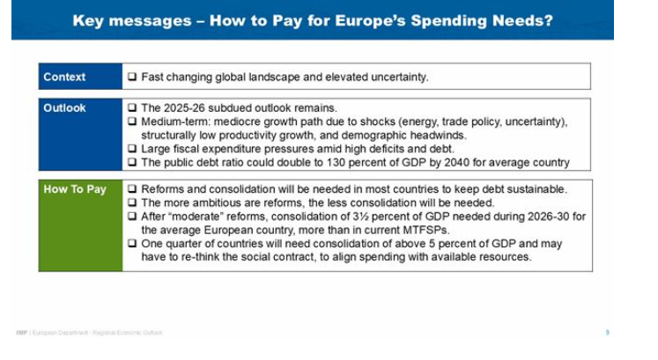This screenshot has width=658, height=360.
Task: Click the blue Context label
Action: tap(64, 77)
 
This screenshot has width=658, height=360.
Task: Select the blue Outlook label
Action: tap(65, 108)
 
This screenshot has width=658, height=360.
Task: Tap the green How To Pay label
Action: tap(74, 189)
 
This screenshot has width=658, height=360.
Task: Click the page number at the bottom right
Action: tap(608, 332)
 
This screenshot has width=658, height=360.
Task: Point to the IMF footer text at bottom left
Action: tap(88, 332)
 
